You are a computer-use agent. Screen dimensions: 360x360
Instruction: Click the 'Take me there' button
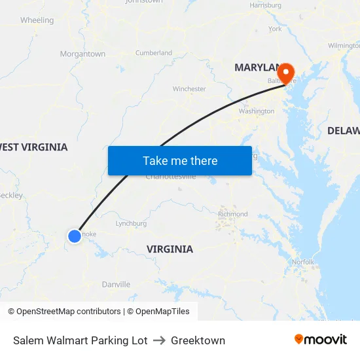(179, 160)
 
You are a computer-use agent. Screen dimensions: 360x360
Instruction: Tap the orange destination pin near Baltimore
(287, 72)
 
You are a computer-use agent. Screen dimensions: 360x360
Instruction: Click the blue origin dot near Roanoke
(75, 236)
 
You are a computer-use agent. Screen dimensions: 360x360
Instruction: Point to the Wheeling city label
(37, 20)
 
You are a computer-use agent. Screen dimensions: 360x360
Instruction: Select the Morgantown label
(82, 54)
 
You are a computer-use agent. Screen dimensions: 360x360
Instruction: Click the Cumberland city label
(154, 53)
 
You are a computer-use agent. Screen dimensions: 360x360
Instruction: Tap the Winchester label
(189, 89)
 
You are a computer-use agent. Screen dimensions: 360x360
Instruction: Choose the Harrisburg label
(265, 5)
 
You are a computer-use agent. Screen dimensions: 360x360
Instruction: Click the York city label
(275, 29)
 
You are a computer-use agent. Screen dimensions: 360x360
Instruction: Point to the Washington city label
(257, 111)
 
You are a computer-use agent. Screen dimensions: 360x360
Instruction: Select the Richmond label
(232, 214)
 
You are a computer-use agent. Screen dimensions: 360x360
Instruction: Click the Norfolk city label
(303, 262)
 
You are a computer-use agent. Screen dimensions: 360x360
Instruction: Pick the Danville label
(116, 284)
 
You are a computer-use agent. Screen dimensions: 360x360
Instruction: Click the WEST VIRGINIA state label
(33, 147)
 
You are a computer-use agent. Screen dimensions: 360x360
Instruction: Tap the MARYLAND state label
(257, 67)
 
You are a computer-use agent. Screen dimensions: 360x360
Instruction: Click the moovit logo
(321, 339)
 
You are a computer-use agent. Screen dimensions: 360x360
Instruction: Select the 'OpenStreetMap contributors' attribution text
(69, 312)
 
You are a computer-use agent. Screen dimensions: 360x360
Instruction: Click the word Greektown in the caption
(198, 340)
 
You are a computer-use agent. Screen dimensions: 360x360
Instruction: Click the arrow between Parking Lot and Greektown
(159, 340)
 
